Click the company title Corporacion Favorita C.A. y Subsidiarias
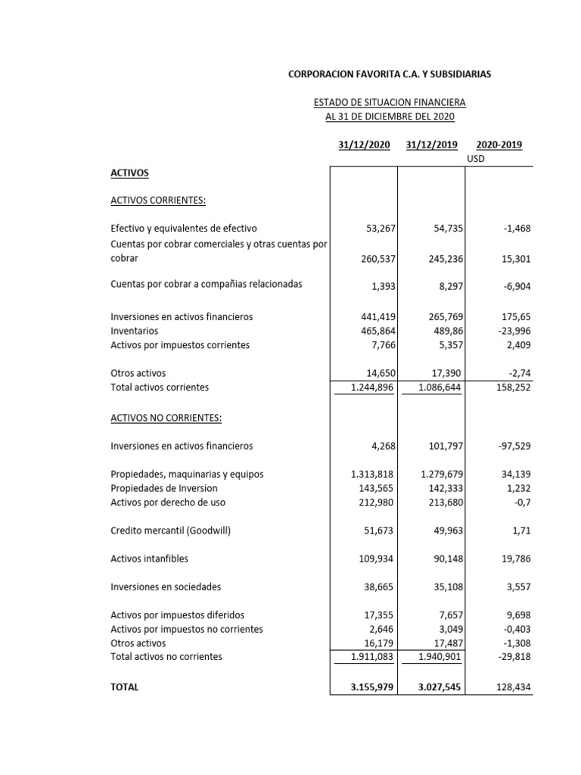pos(390,74)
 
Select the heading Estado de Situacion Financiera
pos(390,102)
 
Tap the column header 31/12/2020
pos(365,145)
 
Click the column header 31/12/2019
pos(431,145)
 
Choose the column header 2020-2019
pos(499,145)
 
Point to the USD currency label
pos(476,159)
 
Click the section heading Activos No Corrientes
pos(166,419)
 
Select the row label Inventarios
pos(135,331)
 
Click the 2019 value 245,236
pos(443,259)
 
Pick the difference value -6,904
pos(514,285)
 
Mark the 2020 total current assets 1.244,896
pos(371,387)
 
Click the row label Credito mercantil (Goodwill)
pos(170,531)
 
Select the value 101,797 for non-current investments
pos(443,447)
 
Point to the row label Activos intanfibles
pos(149,559)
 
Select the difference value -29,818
pos(512,657)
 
